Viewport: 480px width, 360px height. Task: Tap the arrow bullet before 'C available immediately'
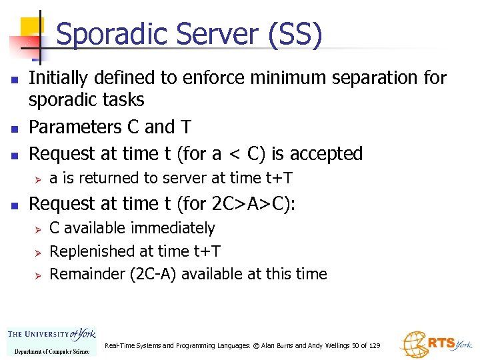point(38,229)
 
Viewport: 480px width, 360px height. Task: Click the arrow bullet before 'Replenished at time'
point(38,252)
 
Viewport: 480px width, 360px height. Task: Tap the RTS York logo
point(436,343)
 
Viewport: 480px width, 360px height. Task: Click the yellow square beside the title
point(31,29)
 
